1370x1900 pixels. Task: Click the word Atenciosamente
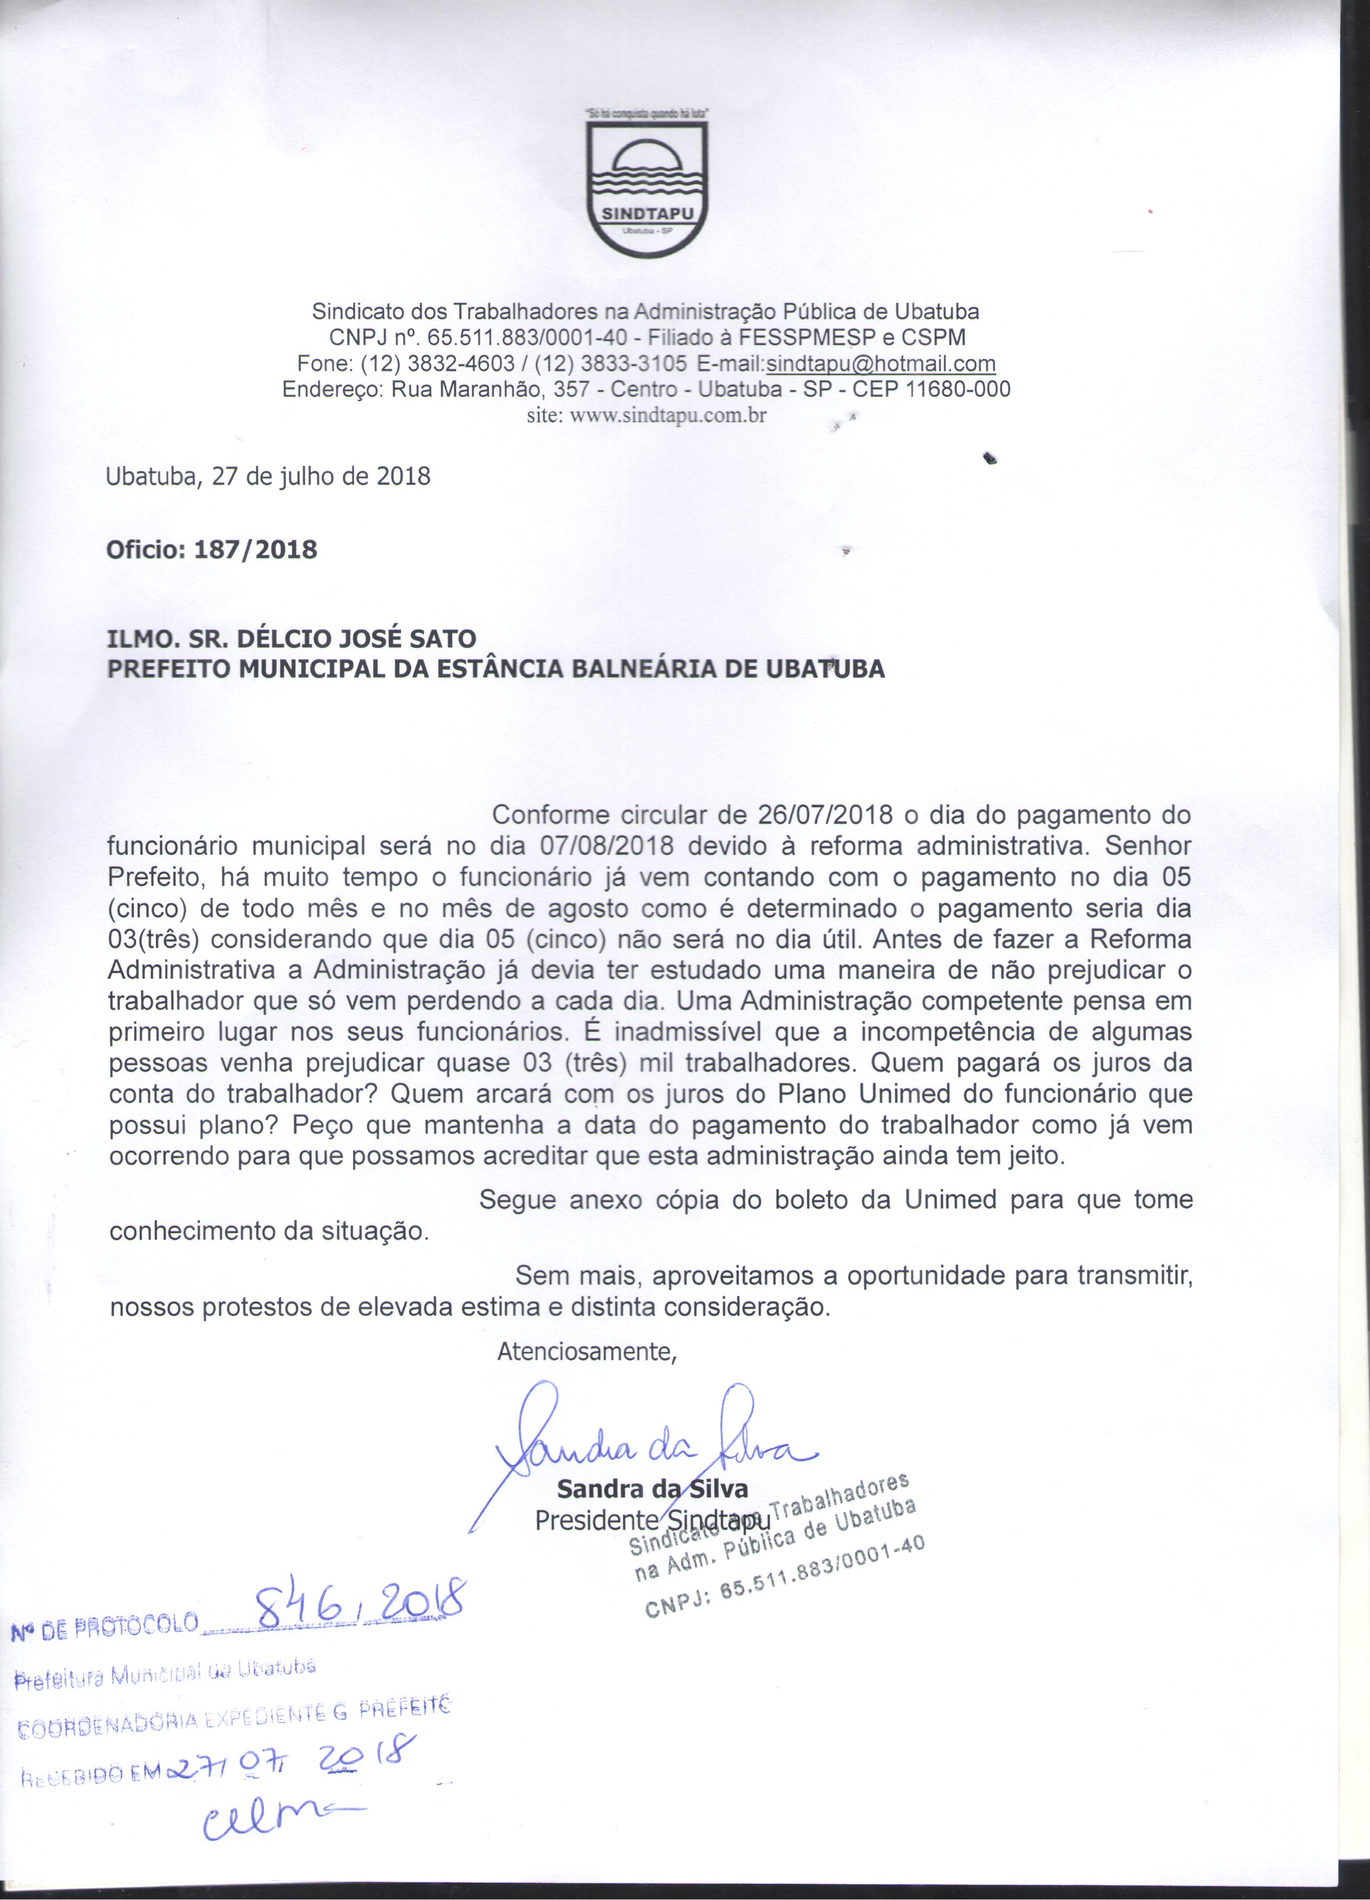point(586,1352)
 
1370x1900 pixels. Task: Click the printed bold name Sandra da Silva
point(652,1489)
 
